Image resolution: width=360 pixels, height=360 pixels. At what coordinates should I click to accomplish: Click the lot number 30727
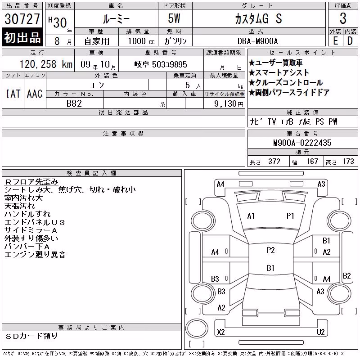22,19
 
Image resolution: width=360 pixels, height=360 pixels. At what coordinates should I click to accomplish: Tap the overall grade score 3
343,18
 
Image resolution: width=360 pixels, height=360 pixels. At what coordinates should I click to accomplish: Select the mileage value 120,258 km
46,64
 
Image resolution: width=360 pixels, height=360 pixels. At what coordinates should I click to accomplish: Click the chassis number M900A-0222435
302,143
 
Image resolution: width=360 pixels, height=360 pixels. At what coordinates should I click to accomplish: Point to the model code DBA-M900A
257,41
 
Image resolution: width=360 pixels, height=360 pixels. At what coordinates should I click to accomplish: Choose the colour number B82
74,103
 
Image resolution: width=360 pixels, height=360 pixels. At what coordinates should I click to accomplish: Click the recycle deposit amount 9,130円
229,104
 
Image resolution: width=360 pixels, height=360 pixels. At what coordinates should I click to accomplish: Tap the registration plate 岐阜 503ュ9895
161,64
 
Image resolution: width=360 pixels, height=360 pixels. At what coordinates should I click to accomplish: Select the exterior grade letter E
335,41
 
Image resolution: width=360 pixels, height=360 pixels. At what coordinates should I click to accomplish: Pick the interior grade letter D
350,41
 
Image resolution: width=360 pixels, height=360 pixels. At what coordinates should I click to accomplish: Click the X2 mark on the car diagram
221,332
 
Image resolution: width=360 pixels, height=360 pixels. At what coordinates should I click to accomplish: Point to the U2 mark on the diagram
321,332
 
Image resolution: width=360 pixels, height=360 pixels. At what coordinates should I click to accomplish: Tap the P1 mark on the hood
290,216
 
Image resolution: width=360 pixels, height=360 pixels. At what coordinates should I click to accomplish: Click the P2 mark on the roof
271,250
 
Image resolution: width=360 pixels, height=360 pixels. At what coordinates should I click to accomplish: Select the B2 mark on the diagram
346,275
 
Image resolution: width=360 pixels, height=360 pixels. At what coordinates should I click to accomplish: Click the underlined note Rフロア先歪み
31,182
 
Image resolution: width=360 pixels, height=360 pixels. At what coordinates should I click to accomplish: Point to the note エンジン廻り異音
35,255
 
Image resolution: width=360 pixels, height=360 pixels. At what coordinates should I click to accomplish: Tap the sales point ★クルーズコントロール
286,82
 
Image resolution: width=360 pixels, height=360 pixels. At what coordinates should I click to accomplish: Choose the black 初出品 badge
22,37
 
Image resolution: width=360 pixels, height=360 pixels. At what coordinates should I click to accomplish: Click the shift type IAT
13,94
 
